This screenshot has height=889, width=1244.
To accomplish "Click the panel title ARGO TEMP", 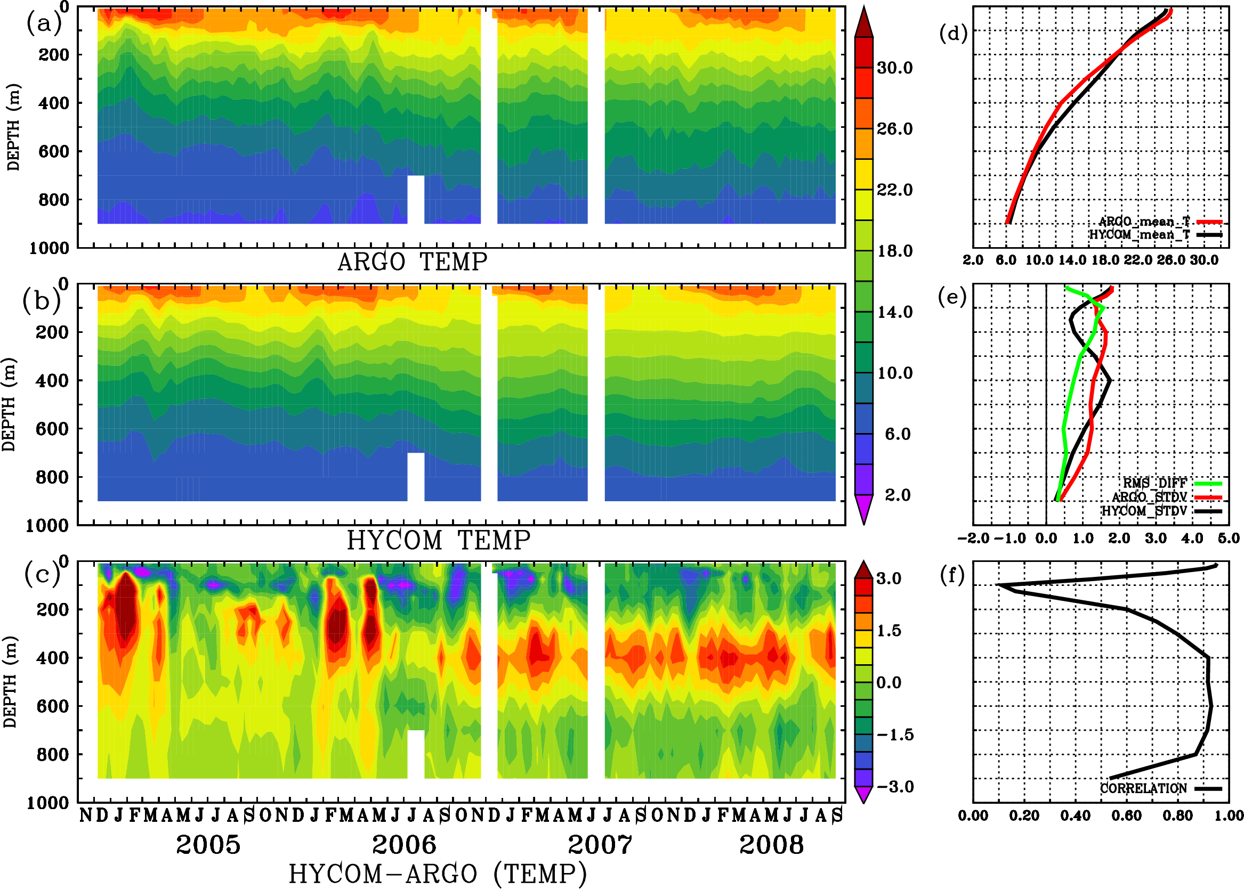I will click(x=412, y=262).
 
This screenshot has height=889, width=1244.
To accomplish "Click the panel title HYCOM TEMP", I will click(x=439, y=540).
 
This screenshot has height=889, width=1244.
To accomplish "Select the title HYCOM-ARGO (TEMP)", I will click(x=438, y=873).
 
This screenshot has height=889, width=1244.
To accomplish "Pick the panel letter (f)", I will click(x=952, y=575).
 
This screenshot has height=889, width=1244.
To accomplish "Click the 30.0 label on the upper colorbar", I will click(x=894, y=68).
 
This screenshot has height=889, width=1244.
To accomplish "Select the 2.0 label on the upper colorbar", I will click(x=898, y=495).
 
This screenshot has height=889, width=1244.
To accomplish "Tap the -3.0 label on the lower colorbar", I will click(x=895, y=787).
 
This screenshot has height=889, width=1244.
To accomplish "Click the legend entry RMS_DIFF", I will click(x=1154, y=483).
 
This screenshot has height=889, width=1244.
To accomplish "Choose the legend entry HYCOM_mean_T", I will click(x=1140, y=235).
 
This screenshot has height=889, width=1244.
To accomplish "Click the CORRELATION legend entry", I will click(x=1143, y=789).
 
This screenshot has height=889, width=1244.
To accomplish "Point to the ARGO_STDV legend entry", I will click(x=1149, y=497).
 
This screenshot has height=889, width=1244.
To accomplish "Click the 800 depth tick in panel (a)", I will click(x=54, y=200).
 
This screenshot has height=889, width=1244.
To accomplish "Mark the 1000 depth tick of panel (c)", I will click(x=48, y=803).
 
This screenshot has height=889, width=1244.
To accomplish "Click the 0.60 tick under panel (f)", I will click(x=1127, y=815).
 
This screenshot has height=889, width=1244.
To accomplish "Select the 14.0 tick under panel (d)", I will click(x=1072, y=260).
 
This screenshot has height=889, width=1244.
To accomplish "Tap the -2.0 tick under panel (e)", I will click(x=973, y=539).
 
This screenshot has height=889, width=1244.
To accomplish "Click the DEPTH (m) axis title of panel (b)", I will click(x=10, y=404).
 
